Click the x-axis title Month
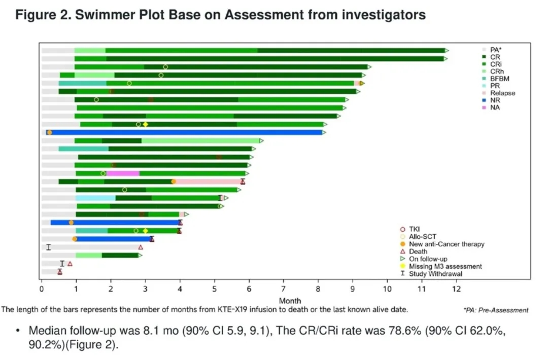click(x=290, y=301)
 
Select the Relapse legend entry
click(x=502, y=93)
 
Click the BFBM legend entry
click(x=500, y=79)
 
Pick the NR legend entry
click(x=495, y=100)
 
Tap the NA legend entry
click(x=495, y=107)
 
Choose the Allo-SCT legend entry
click(x=501, y=237)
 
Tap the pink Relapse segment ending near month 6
click(x=209, y=181)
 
